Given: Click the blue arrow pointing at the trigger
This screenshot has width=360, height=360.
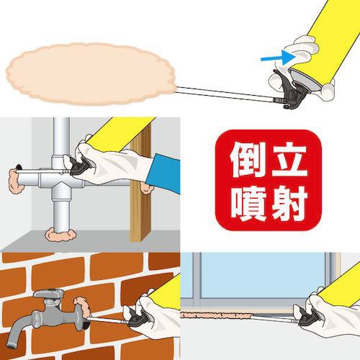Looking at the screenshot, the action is coord(279,58).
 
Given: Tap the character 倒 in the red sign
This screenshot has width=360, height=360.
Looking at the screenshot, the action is coord(248,159).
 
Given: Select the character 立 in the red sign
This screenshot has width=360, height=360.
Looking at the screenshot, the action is coord(289,159).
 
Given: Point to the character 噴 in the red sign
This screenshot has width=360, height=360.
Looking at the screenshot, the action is coord(248,203).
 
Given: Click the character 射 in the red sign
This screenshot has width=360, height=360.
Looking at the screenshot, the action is coord(289,203).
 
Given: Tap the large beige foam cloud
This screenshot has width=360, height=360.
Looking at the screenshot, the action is coord(90,74).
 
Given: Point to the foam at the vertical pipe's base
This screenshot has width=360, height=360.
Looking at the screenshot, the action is coord(60,234).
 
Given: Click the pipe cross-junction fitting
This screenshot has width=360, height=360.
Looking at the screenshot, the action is coord(61,179).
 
